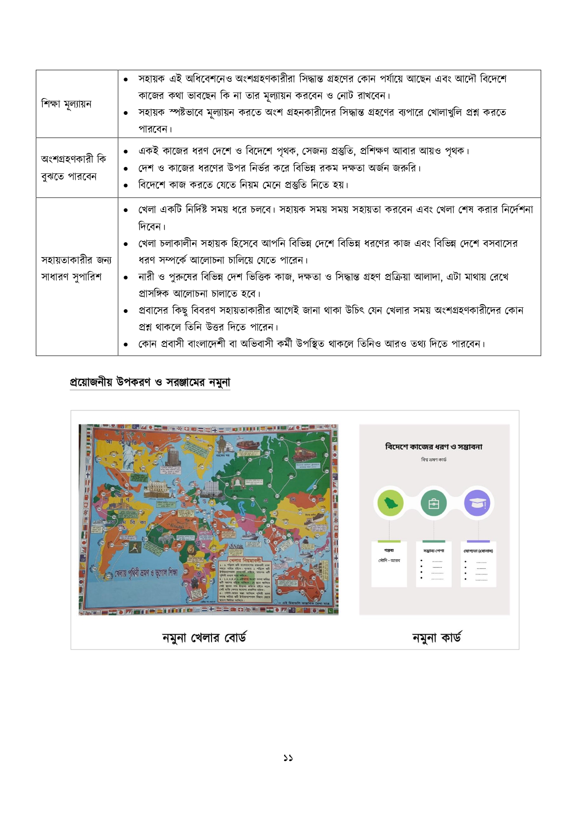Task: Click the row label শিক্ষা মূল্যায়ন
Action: click(x=66, y=104)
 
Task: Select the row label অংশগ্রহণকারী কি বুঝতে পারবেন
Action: click(x=73, y=167)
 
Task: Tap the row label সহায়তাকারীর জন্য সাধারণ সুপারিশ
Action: click(x=76, y=268)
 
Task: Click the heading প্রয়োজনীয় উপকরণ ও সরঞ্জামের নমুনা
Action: click(x=150, y=382)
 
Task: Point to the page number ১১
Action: click(x=288, y=758)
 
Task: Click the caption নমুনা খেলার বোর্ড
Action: click(x=204, y=637)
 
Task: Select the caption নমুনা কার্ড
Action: click(x=436, y=637)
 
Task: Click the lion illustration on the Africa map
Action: click(x=191, y=551)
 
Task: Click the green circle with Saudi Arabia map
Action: click(x=390, y=503)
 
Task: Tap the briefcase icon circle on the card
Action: click(x=433, y=503)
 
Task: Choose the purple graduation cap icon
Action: click(x=477, y=503)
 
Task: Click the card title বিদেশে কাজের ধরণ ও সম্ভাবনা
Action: click(x=433, y=447)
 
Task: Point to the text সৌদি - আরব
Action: click(x=389, y=561)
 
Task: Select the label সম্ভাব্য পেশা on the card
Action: click(x=433, y=551)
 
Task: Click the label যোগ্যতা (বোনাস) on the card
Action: click(x=478, y=551)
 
